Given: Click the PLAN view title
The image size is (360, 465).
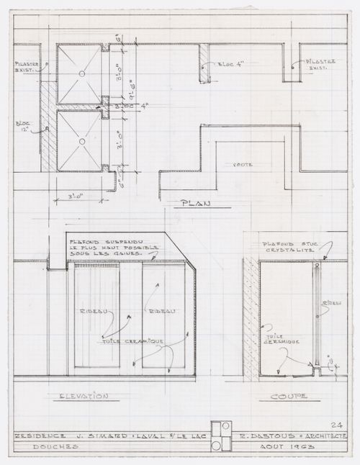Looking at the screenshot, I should (194, 204).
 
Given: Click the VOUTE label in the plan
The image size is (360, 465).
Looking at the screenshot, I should (242, 165).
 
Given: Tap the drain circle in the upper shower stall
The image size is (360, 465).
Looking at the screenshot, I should (82, 73).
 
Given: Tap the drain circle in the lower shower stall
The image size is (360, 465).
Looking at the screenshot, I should (82, 142).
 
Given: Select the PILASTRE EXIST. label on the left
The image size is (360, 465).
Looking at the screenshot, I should (26, 67).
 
